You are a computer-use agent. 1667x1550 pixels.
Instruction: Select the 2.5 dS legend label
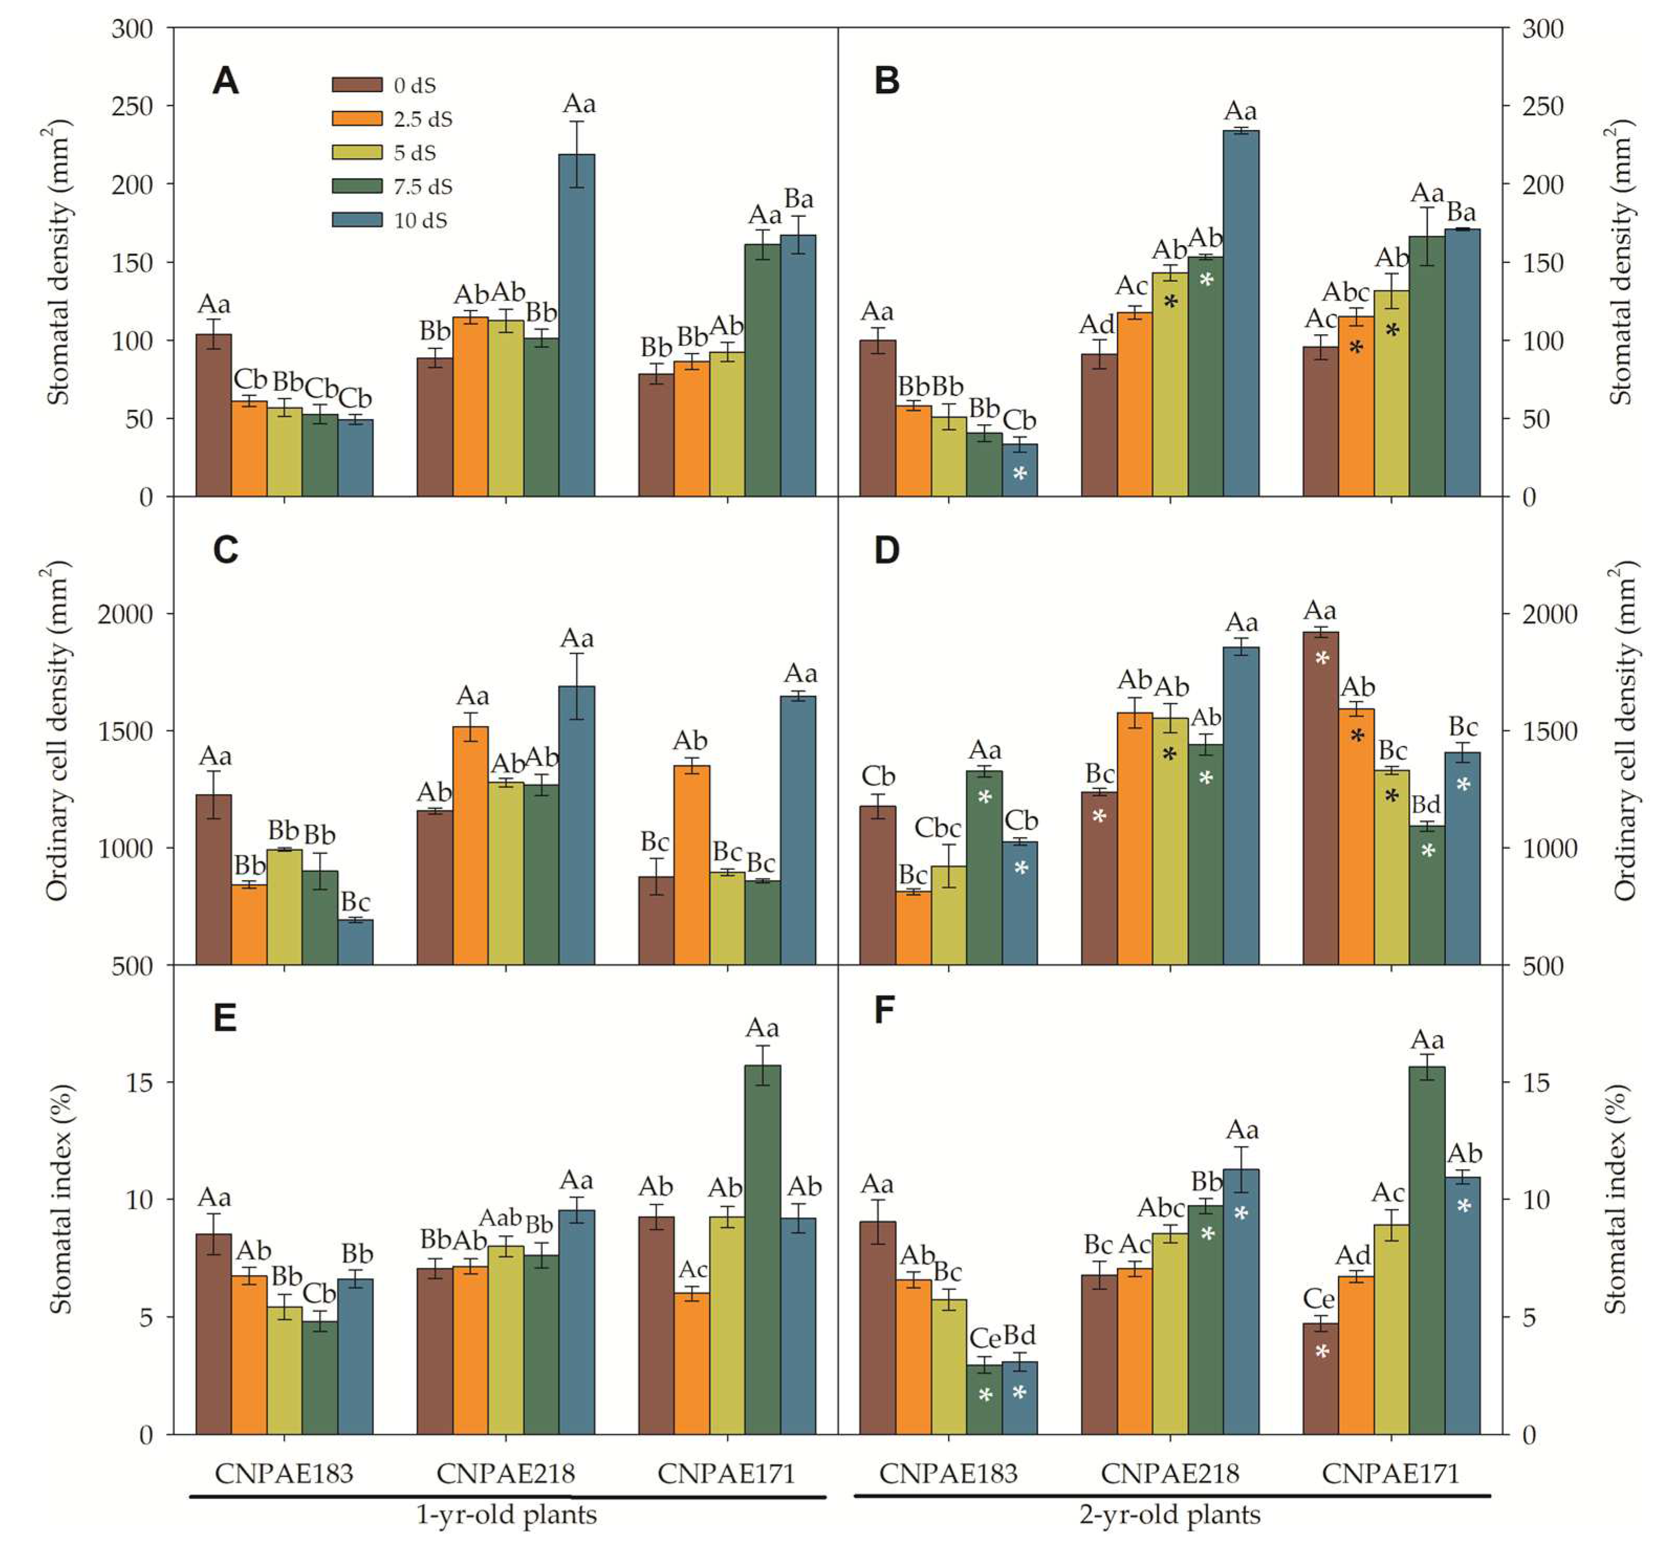tap(423, 119)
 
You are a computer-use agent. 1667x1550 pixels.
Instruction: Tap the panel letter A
tap(225, 81)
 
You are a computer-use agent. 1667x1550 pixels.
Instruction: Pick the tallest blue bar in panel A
tap(576, 327)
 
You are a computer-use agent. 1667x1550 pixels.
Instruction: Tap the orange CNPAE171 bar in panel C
tap(692, 863)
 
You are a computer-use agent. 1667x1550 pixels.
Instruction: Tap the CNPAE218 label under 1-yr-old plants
tap(506, 1473)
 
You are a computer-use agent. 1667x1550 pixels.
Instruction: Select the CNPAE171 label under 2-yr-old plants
tap(1390, 1473)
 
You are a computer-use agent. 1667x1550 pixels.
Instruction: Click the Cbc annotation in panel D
tap(937, 828)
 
